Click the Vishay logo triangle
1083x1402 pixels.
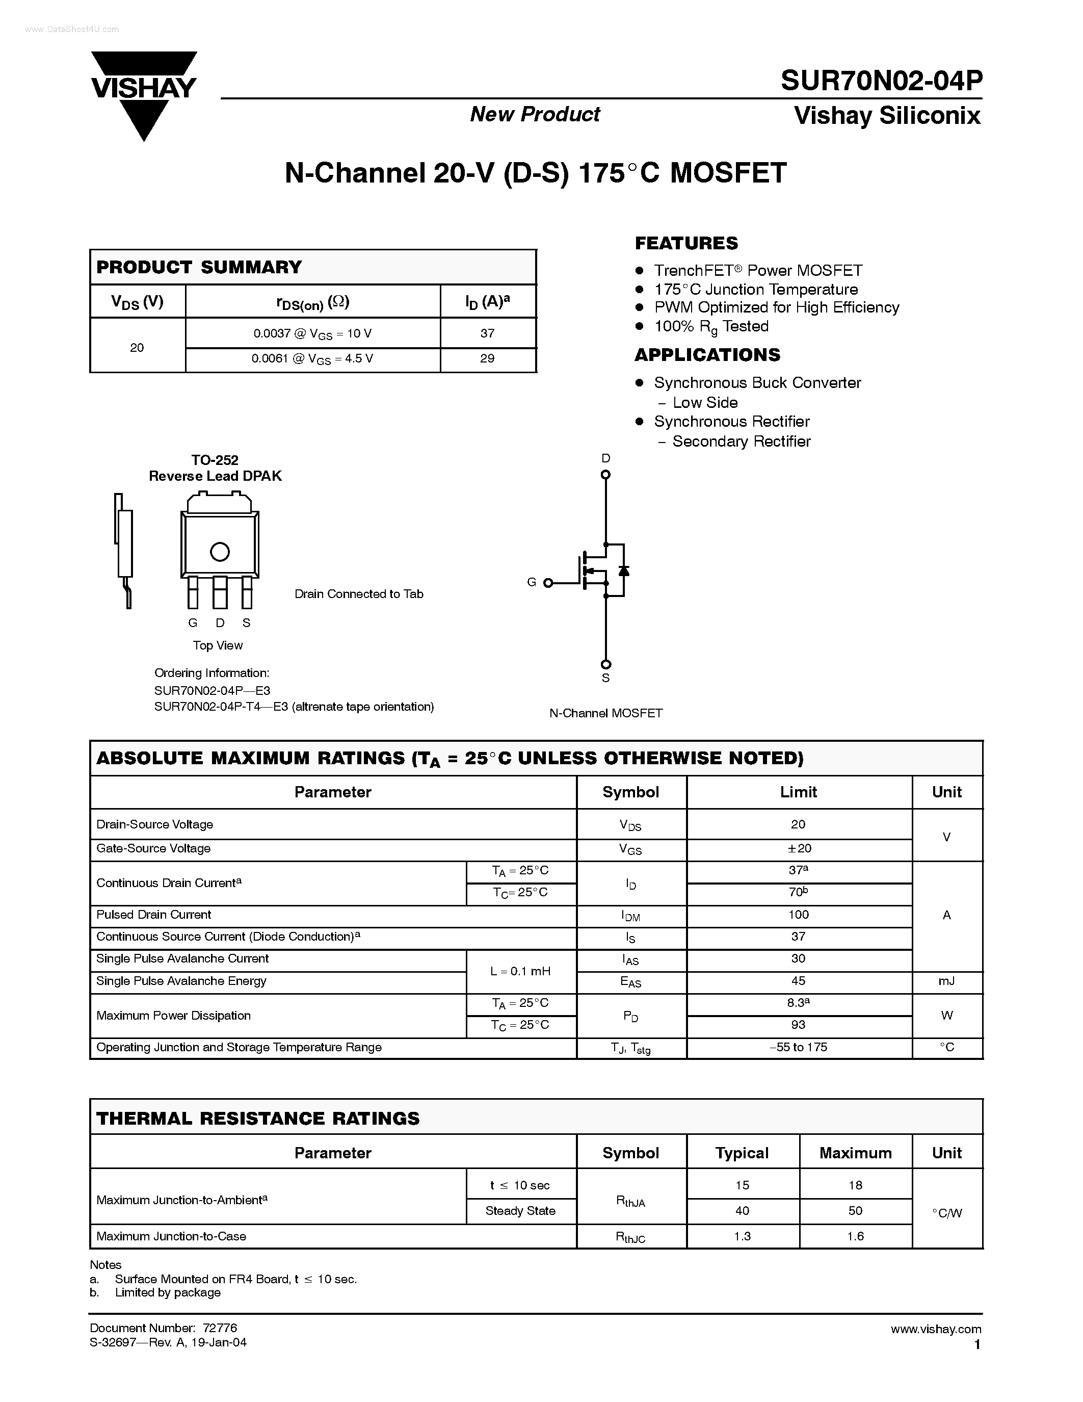[x=144, y=119]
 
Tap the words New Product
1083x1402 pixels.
[x=535, y=114]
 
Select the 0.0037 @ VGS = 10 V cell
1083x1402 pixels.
[x=312, y=333]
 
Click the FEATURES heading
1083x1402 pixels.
[x=686, y=243]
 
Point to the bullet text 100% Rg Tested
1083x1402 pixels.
[x=711, y=326]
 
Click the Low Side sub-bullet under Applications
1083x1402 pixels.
[x=704, y=402]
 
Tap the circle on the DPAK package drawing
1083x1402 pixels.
[x=220, y=552]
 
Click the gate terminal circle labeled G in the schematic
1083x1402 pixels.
[x=548, y=583]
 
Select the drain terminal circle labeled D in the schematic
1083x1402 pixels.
[x=605, y=475]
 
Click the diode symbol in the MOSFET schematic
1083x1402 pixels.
[x=623, y=570]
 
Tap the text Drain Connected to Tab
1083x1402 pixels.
[x=359, y=594]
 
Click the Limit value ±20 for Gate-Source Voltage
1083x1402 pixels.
[x=799, y=848]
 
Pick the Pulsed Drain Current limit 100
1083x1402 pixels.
[x=799, y=914]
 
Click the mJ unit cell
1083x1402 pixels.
[x=946, y=981]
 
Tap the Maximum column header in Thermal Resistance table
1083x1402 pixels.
[x=855, y=1153]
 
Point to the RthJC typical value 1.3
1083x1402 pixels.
[x=743, y=1236]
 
